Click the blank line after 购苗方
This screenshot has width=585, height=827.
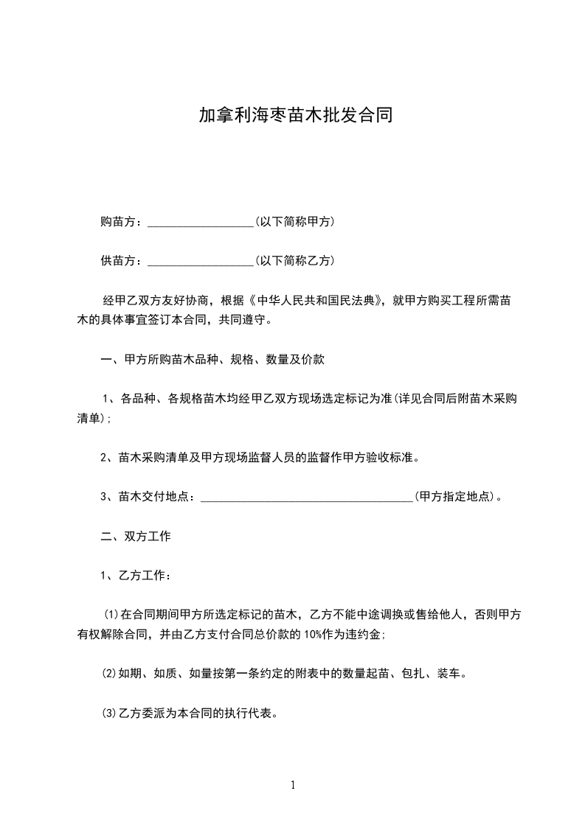point(201,222)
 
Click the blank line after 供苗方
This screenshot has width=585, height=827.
point(201,261)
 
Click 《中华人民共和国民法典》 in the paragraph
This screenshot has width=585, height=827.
point(318,301)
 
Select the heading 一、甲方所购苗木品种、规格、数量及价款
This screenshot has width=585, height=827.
point(212,360)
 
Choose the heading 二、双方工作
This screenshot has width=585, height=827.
point(136,537)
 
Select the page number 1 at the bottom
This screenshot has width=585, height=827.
point(293,785)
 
